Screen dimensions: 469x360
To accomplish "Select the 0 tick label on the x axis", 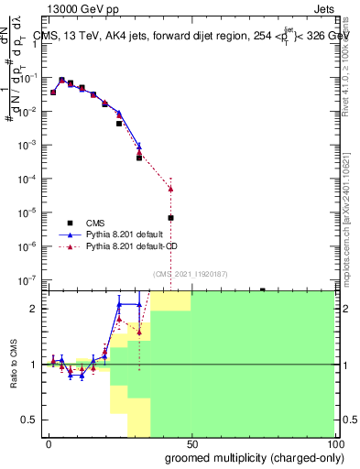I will point(49,443).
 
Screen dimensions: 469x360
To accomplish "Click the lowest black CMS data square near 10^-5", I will point(170,218).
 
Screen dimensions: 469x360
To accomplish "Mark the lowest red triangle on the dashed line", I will point(170,189).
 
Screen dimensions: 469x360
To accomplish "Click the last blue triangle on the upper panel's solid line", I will point(139,147).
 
